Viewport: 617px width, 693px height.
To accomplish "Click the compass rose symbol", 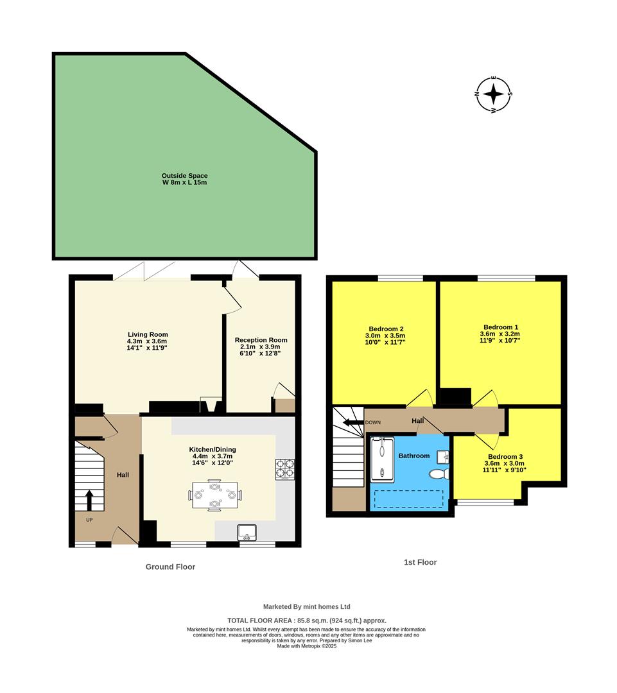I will pos(494,95).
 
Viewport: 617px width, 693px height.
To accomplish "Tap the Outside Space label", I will pos(184,179).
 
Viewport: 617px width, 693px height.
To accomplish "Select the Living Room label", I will pos(148,341).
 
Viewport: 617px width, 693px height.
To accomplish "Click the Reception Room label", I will pos(261,346).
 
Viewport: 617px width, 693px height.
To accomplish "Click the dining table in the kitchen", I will pos(214,494).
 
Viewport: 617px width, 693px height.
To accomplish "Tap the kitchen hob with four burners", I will pos(285,469).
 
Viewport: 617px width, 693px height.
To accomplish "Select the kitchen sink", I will pos(247,532).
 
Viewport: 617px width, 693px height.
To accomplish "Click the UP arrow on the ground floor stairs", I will pos(89,499).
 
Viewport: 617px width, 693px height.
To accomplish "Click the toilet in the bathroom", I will pos(440,474).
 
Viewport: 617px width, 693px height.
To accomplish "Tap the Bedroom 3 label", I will pos(504,463).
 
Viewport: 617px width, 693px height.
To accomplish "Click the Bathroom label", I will pos(413,456).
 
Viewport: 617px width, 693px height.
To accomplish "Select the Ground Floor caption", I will pos(170,567).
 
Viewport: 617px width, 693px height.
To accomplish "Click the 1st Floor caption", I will pos(420,562).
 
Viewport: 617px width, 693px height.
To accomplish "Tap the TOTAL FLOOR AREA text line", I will pos(307,620).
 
